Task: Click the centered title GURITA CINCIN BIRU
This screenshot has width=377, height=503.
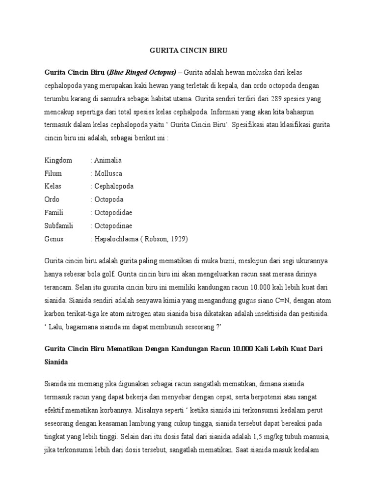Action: (x=188, y=51)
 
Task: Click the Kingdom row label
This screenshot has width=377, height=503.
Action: (x=58, y=161)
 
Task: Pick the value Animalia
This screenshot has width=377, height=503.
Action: (x=108, y=161)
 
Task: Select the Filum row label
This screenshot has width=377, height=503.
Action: (x=54, y=173)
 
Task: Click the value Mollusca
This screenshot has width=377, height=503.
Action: (x=108, y=173)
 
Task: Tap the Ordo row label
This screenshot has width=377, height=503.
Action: (x=52, y=200)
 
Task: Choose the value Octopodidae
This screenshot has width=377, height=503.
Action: (x=112, y=213)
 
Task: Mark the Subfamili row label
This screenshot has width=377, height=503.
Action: (x=59, y=226)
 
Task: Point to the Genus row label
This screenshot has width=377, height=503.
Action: (x=54, y=239)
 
